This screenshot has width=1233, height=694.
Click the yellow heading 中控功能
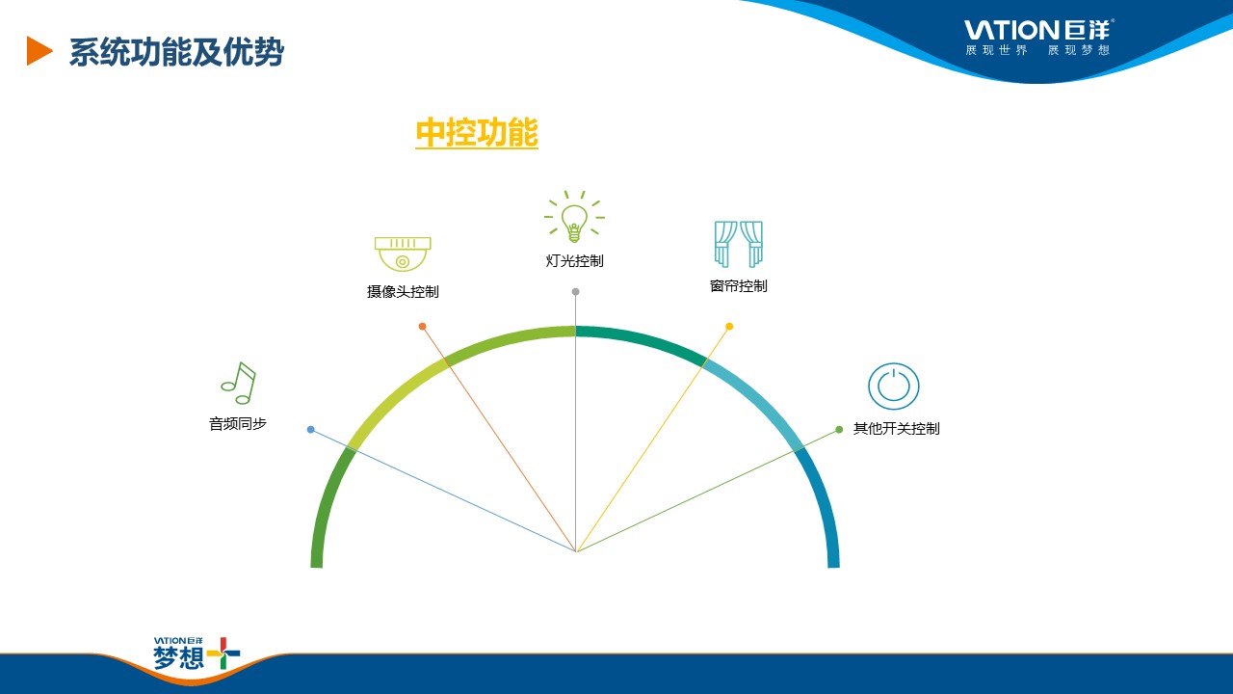pyautogui.click(x=477, y=133)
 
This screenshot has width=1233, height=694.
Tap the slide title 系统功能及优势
pyautogui.click(x=176, y=52)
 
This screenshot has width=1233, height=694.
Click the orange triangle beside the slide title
pyautogui.click(x=39, y=51)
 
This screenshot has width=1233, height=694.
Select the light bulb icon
pyautogui.click(x=574, y=217)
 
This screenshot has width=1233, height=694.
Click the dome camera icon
pyautogui.click(x=403, y=254)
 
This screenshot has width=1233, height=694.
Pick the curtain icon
pyautogui.click(x=739, y=244)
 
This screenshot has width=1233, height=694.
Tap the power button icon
pyautogui.click(x=893, y=387)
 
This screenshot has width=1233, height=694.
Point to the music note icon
pyautogui.click(x=238, y=384)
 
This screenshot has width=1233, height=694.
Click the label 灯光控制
pyautogui.click(x=575, y=261)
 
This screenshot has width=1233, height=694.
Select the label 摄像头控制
pyautogui.click(x=403, y=292)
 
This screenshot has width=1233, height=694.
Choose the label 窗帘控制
pyautogui.click(x=739, y=286)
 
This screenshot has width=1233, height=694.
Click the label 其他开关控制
pyautogui.click(x=896, y=429)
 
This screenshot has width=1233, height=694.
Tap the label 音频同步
pyautogui.click(x=238, y=423)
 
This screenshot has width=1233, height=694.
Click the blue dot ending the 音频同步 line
pyautogui.click(x=310, y=430)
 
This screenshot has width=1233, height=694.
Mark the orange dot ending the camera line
pyautogui.click(x=422, y=327)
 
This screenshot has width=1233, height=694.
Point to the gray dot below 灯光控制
pyautogui.click(x=575, y=292)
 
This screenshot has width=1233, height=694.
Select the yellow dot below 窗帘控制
pyautogui.click(x=729, y=327)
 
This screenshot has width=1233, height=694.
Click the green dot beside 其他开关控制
pyautogui.click(x=839, y=430)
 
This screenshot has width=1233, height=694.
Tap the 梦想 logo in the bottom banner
pyautogui.click(x=197, y=654)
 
